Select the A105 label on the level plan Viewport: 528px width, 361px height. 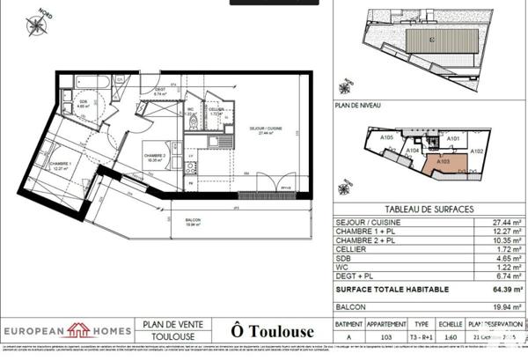386,137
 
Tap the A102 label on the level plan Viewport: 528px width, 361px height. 476,151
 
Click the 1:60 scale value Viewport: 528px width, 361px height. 450,335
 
